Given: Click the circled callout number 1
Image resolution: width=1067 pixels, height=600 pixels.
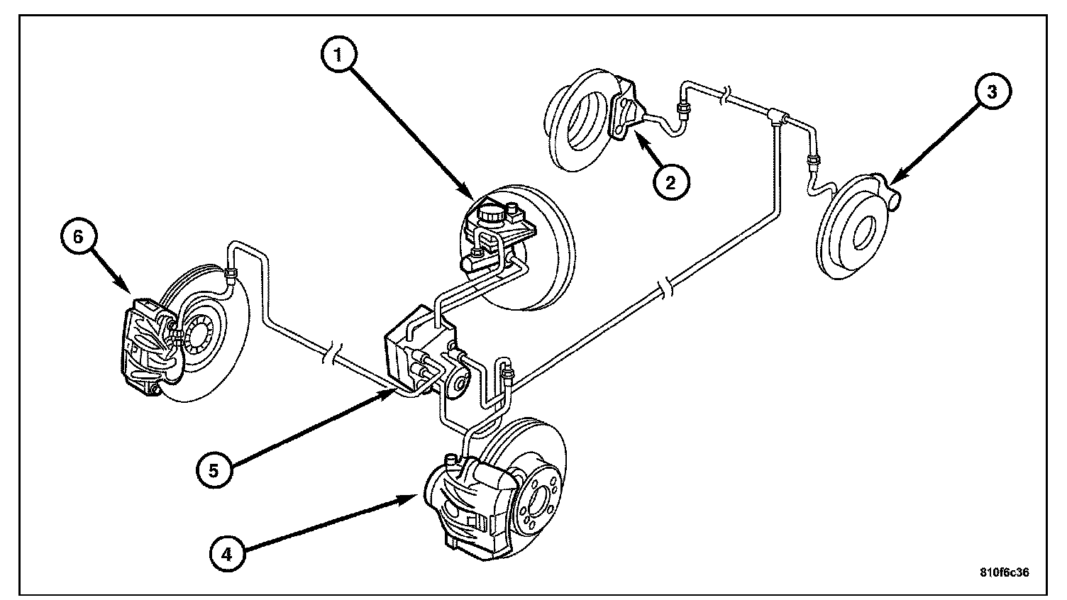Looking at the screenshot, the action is [338, 55].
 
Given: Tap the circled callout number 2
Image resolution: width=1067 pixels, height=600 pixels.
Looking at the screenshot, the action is [670, 182].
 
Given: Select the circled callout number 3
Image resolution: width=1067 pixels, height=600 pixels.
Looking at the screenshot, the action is [993, 92].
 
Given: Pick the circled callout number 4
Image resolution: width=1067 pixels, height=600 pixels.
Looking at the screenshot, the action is [227, 554].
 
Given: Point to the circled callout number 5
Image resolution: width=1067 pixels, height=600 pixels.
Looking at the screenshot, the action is [214, 470].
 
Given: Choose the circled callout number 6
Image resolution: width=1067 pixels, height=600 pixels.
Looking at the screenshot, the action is [79, 237].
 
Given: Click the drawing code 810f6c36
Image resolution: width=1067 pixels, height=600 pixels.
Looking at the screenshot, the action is [1004, 572].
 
